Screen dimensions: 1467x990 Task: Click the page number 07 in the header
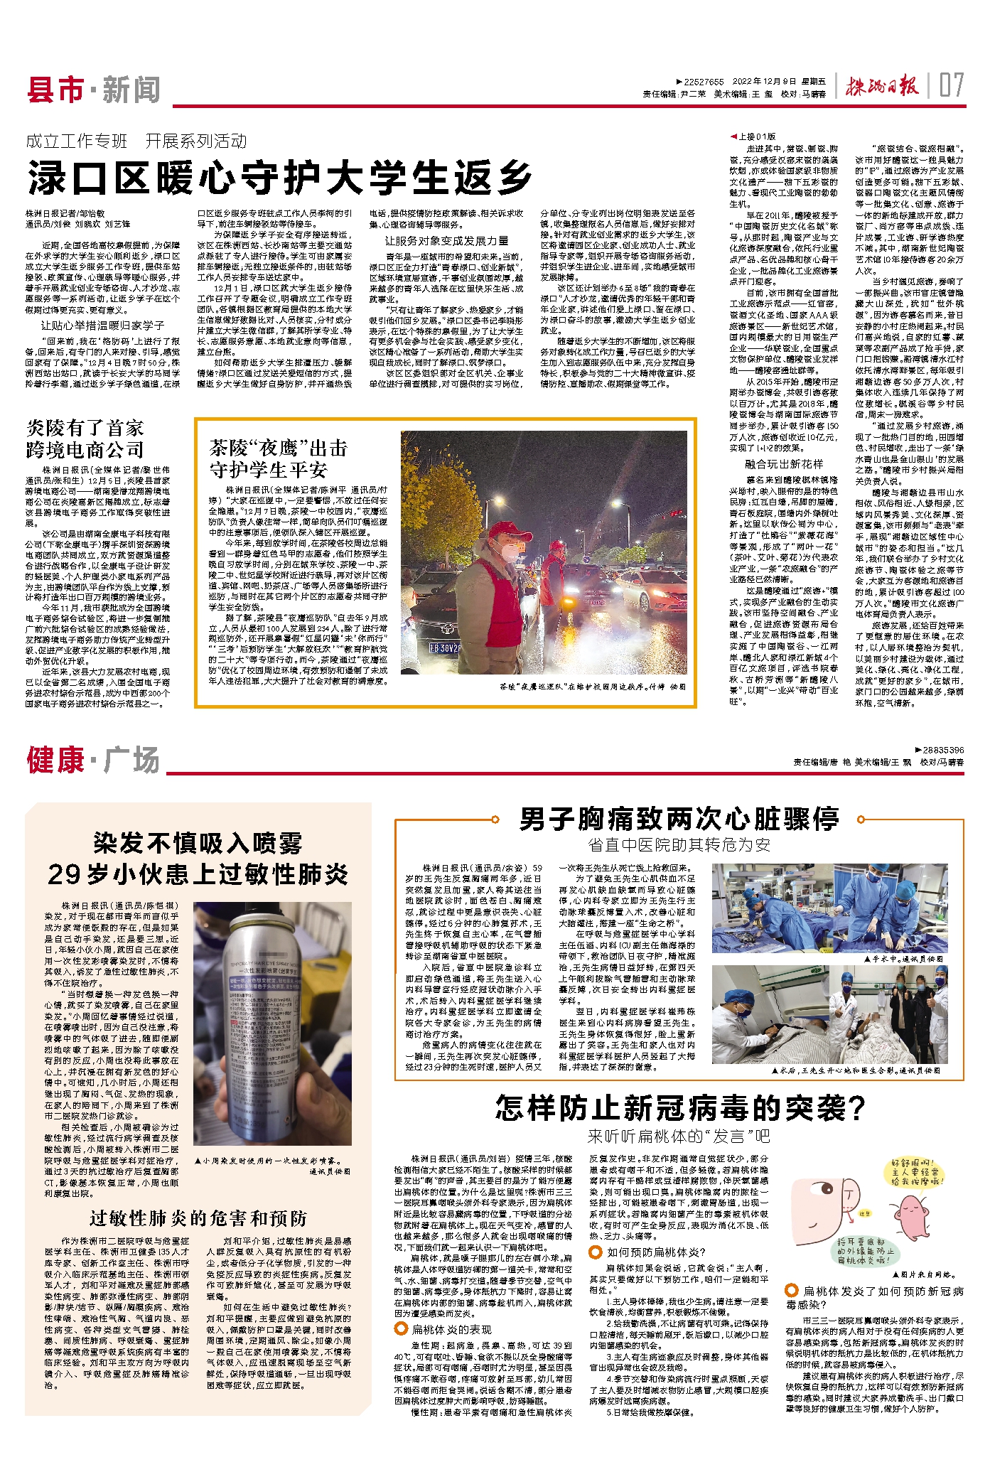coord(952,86)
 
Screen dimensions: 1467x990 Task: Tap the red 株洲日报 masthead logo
coord(882,87)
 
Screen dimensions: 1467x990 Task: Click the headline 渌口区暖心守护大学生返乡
coord(280,177)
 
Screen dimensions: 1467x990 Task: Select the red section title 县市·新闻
coord(93,90)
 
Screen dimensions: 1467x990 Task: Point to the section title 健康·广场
coord(93,760)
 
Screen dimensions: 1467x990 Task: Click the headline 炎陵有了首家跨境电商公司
coord(85,439)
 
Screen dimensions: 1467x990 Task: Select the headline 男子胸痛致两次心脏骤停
coord(679,819)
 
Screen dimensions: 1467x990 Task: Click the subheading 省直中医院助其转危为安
coord(679,844)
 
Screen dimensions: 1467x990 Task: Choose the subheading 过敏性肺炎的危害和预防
coord(198,1218)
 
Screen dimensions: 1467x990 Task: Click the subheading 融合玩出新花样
coord(784,464)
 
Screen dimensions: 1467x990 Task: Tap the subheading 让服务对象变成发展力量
coord(446,241)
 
